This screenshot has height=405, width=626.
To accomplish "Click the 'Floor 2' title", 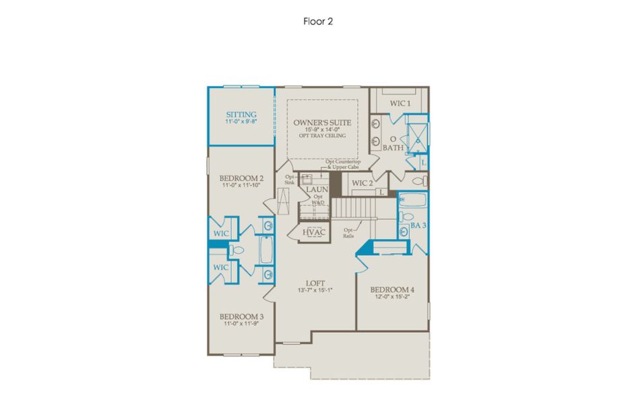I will (318, 21).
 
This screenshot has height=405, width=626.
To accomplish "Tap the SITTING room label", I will (241, 115).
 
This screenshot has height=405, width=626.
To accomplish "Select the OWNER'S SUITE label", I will (321, 123).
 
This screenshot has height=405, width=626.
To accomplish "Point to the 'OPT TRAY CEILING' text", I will (321, 136).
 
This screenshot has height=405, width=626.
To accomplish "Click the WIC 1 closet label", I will (400, 103).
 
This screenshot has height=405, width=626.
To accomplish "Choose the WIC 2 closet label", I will (362, 183).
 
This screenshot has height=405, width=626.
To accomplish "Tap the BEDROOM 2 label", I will (241, 178).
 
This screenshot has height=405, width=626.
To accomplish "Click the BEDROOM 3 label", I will (241, 316).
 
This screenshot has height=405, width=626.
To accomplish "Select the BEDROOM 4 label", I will (392, 290).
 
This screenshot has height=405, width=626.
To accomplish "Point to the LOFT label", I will (315, 283).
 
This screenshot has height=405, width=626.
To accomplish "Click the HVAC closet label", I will (314, 232).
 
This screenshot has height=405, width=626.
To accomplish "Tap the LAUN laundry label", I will (317, 190).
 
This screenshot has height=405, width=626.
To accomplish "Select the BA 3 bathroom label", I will (418, 226).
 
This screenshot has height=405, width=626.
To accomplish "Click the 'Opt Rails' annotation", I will (349, 233).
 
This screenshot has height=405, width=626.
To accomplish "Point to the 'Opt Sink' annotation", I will (290, 180).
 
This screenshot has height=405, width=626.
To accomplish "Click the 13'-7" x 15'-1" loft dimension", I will (315, 290).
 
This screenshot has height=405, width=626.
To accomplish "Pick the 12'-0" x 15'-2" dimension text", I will (392, 298).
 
